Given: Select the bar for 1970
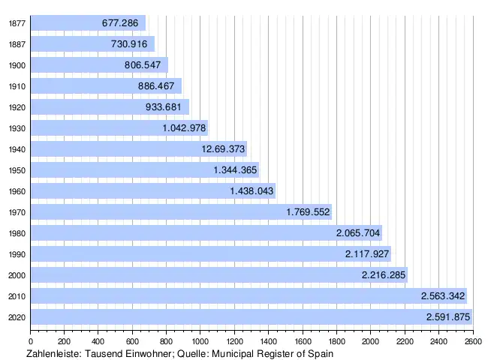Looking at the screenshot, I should click(180, 212).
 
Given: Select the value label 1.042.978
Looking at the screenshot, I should click(184, 128).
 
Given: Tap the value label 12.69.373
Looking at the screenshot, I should click(223, 149).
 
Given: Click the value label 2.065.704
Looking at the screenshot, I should click(359, 233).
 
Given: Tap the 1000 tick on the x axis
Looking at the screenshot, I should click(200, 341).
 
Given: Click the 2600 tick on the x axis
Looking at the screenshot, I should click(473, 341).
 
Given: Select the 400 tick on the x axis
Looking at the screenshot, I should click(98, 341).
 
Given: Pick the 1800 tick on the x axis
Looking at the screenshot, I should click(336, 341).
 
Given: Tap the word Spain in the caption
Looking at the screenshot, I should click(319, 353).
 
